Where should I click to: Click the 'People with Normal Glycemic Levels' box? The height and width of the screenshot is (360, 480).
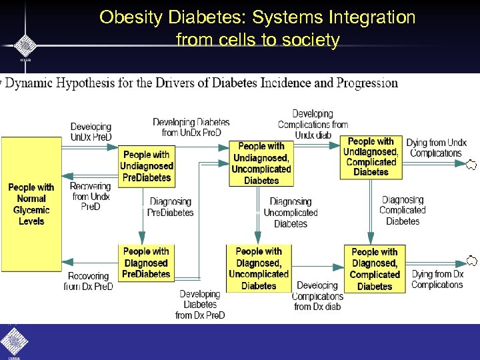[x=31, y=204]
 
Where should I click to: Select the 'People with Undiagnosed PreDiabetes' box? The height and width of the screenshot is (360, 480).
[x=147, y=166]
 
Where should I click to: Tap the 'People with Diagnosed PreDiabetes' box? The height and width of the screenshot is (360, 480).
[x=146, y=263]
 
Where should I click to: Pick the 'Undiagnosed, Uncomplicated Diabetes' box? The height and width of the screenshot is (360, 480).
[x=261, y=163]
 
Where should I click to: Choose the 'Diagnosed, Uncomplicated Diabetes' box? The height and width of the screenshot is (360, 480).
[x=259, y=269]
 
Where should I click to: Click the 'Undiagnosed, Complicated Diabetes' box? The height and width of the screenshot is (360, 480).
[x=371, y=156]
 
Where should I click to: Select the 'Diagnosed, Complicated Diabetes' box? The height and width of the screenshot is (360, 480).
[x=374, y=269]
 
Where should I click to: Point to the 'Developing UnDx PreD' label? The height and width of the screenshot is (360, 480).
[x=91, y=132]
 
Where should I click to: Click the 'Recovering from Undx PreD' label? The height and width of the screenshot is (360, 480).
[x=91, y=196]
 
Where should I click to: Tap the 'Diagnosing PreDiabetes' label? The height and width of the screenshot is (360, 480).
[x=171, y=207]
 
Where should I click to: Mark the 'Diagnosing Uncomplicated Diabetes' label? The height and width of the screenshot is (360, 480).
[x=291, y=212]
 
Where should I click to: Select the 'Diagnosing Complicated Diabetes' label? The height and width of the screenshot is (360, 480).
[x=403, y=210]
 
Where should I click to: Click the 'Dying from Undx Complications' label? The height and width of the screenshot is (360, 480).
[x=436, y=148]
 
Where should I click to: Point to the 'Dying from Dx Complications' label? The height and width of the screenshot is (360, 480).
[x=437, y=279]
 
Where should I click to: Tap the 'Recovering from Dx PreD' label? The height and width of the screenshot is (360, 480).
[x=89, y=281]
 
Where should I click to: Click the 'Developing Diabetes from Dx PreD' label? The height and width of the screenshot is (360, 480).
[x=199, y=304]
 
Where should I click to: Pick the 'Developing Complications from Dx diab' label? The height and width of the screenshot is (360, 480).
[x=317, y=296]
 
